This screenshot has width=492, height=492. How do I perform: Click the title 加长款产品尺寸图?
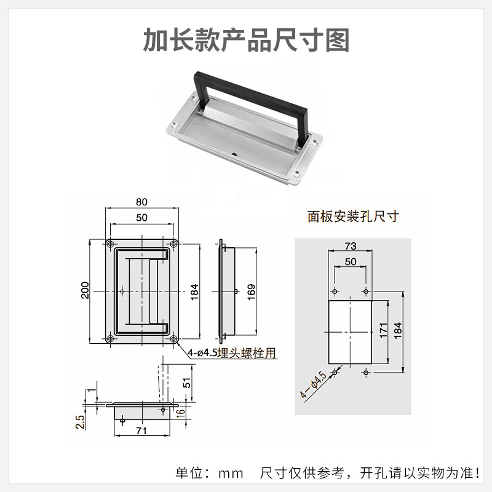pos(247,40)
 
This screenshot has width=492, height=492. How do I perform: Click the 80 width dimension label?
pos(141,202)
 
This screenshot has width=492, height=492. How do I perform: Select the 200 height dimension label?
pos(85,290)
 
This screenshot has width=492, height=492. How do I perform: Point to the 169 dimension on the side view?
pos(252,292)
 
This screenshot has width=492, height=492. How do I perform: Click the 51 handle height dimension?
pos(186,383)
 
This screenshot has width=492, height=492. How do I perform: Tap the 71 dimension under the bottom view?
pos(141,430)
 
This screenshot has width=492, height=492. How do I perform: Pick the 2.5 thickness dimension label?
pos(80,422)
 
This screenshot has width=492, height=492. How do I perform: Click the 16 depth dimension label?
pos(180,413)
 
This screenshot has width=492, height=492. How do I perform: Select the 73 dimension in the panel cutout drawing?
pos(351,245)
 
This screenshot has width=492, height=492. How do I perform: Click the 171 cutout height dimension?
pos(384,330)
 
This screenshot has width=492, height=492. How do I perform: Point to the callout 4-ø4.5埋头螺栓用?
pos(232,353)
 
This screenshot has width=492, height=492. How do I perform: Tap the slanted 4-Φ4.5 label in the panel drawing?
pos(313,385)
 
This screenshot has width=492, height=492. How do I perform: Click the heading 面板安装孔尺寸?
pos(353,216)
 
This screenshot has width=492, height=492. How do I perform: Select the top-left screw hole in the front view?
pos(110,244)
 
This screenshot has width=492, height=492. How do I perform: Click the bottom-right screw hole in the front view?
pos(173,339)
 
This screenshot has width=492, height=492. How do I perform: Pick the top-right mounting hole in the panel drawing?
pos(366,292)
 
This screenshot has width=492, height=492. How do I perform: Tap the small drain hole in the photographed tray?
pos(234,154)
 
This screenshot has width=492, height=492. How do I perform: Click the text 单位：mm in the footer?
pos(209,473)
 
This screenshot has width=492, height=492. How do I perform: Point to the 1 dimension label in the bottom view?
pos(91,390)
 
